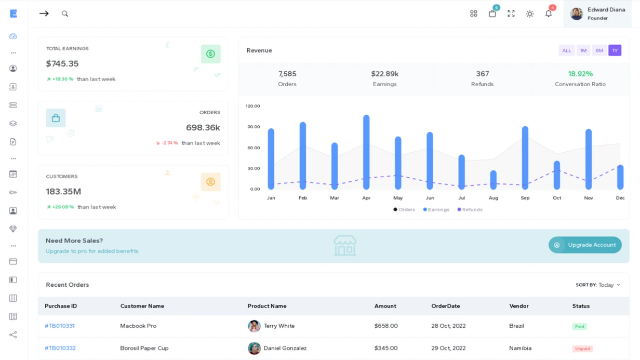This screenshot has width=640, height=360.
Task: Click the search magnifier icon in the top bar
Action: pos(65,14)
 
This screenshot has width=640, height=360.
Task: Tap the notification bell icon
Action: pos(549,14)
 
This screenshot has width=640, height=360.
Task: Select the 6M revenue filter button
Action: pos(599,50)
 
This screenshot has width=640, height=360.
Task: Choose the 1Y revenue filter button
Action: pos(615,50)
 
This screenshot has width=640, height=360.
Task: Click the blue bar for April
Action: pos(366,152)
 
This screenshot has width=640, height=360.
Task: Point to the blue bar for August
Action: pos(494,180)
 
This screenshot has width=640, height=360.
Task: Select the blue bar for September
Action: pos(525,157)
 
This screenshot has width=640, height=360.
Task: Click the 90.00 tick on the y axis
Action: pos(254,127)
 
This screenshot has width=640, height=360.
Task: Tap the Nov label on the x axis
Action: pos(589,198)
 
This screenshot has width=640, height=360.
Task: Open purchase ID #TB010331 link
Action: pos(60,326)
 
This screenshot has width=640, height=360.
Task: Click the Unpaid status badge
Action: pos(582,349)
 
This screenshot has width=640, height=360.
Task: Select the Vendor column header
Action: pos(519,306)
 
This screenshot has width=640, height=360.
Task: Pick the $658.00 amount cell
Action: pos(386,326)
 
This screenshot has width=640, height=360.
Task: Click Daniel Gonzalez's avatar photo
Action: pos(254,348)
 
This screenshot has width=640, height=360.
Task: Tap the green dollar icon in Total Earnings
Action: pos(210,54)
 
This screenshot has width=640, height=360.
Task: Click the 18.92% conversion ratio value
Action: pos(580,74)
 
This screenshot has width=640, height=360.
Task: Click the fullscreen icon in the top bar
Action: pos(511,14)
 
